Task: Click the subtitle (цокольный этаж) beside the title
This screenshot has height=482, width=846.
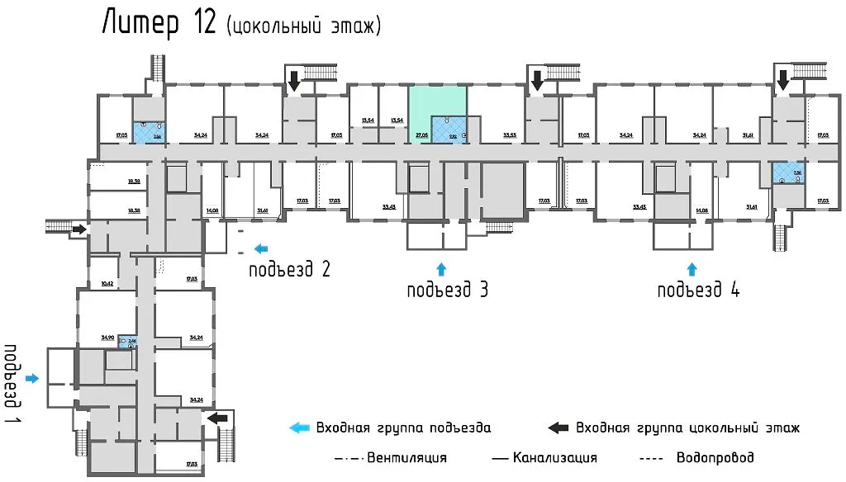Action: (x=303, y=26)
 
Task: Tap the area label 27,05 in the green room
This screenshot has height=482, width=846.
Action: (x=421, y=134)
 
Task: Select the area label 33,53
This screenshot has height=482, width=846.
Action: (x=509, y=135)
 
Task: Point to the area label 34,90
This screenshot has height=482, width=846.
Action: (x=107, y=337)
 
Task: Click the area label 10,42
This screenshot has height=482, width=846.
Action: (x=107, y=283)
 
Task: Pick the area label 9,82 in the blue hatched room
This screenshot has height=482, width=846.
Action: (x=453, y=135)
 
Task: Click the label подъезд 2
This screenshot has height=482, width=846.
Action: (x=290, y=269)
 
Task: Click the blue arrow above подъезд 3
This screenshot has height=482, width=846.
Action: (x=440, y=267)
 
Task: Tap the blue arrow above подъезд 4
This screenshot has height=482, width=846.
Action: (x=692, y=267)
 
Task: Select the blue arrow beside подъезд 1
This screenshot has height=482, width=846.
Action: (x=32, y=378)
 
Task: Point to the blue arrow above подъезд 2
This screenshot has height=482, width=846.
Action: (x=261, y=247)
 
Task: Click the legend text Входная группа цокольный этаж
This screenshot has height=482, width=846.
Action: (x=687, y=428)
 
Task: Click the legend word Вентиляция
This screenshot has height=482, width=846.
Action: (x=407, y=457)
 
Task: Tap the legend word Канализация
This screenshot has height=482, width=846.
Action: (x=554, y=457)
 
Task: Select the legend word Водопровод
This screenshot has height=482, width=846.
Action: (x=715, y=457)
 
